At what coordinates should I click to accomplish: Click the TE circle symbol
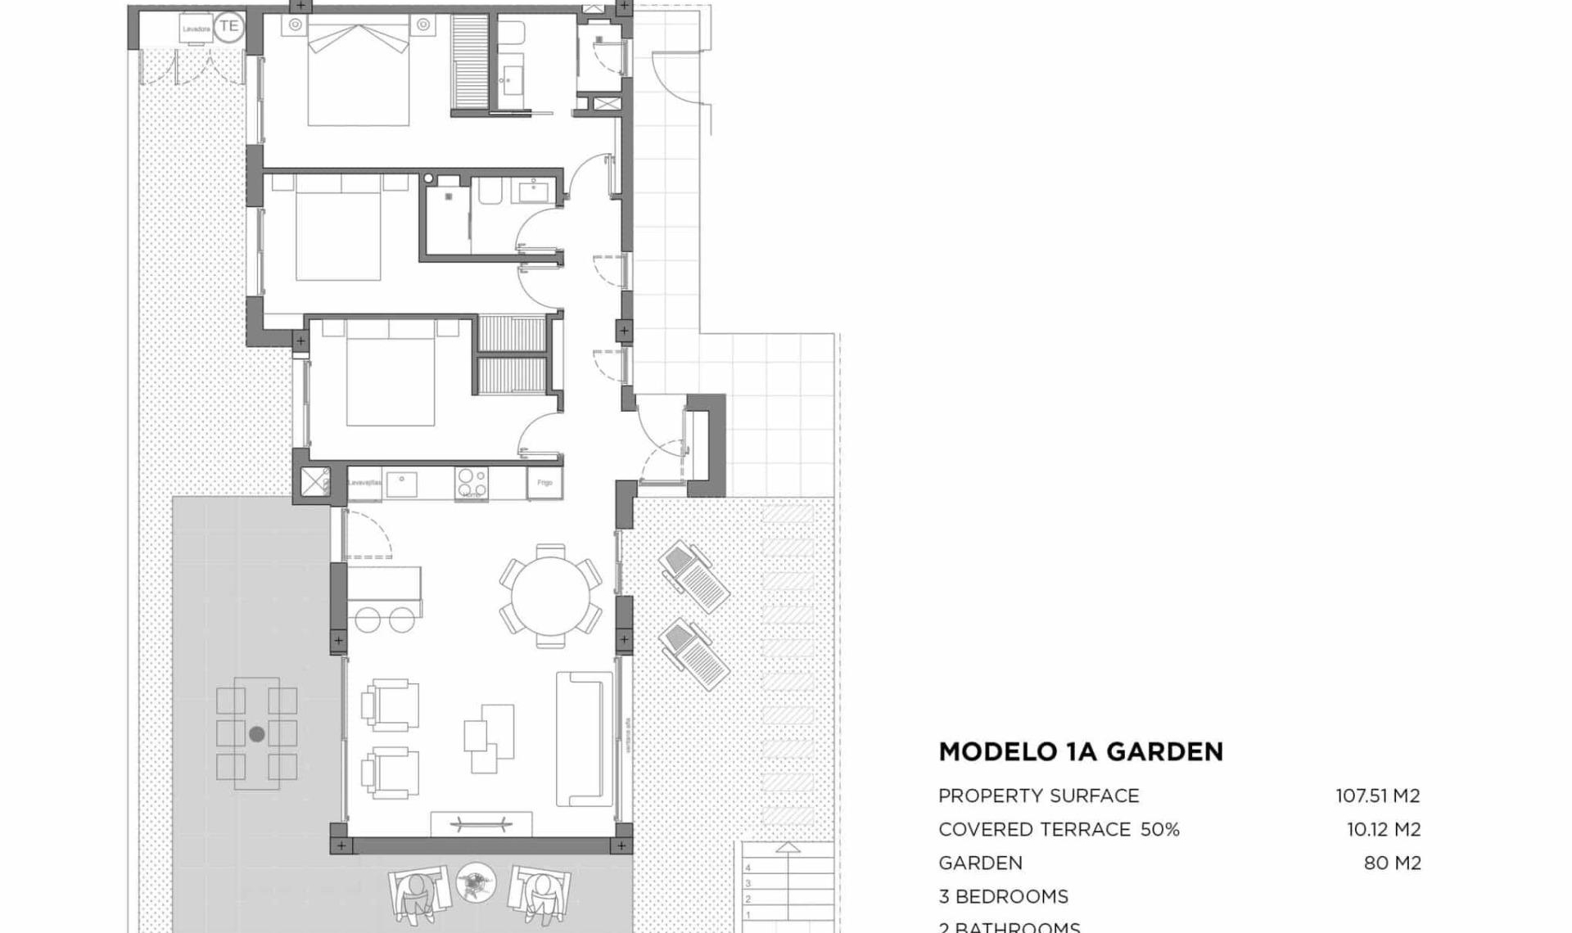coord(228,26)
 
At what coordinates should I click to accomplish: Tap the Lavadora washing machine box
coord(196,29)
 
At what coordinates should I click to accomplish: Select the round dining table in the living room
coord(550,596)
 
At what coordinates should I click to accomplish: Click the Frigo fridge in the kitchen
coord(544,483)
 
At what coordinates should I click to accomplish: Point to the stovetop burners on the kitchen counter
coord(472,483)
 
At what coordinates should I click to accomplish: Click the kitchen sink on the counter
coord(401,484)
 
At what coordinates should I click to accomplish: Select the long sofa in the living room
coord(585,739)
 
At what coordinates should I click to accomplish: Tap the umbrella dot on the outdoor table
coord(257,734)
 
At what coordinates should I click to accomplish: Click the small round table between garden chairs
coord(476,883)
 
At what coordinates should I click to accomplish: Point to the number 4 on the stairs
coord(748,868)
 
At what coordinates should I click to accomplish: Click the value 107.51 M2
coord(1378,796)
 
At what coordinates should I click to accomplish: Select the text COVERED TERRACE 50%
coord(1059,829)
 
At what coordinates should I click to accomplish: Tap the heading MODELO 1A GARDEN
coord(1081,751)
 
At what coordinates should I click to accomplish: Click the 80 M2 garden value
coord(1392,863)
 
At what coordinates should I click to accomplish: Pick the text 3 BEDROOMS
coord(1003,896)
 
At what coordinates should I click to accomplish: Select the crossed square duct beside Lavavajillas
coord(314,481)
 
